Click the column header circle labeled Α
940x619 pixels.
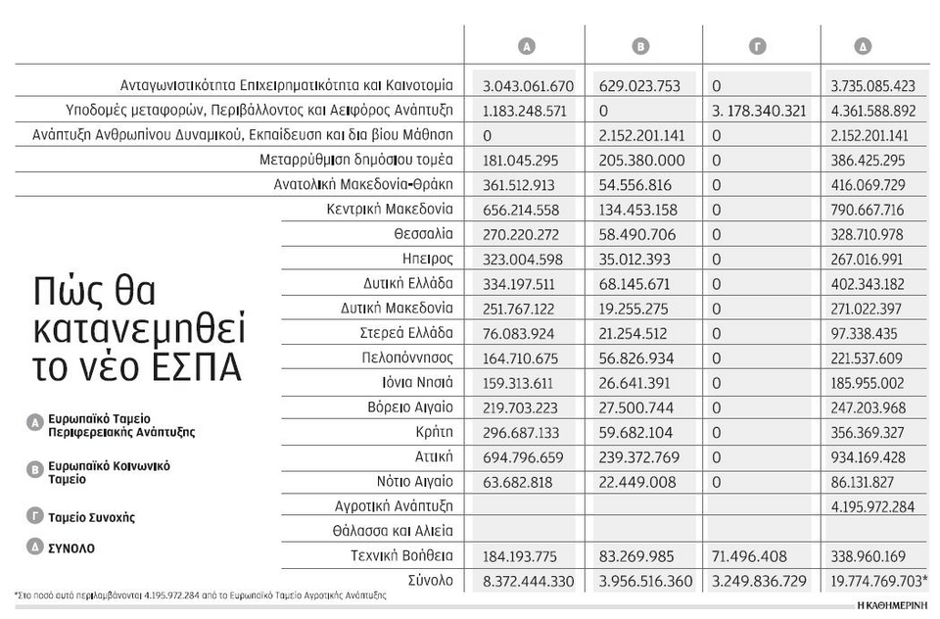point(527,46)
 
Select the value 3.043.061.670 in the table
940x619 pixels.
point(528,86)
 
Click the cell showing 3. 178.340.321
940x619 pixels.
point(759,111)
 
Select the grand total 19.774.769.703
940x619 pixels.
point(875,581)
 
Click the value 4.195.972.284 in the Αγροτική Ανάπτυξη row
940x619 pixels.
point(871,506)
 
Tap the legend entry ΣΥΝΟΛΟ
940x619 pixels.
point(71,548)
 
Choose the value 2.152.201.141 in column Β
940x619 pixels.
point(639,136)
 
